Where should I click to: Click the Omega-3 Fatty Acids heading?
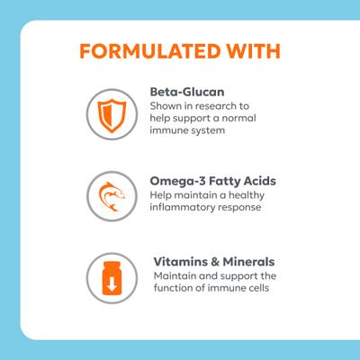[x=212, y=181]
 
